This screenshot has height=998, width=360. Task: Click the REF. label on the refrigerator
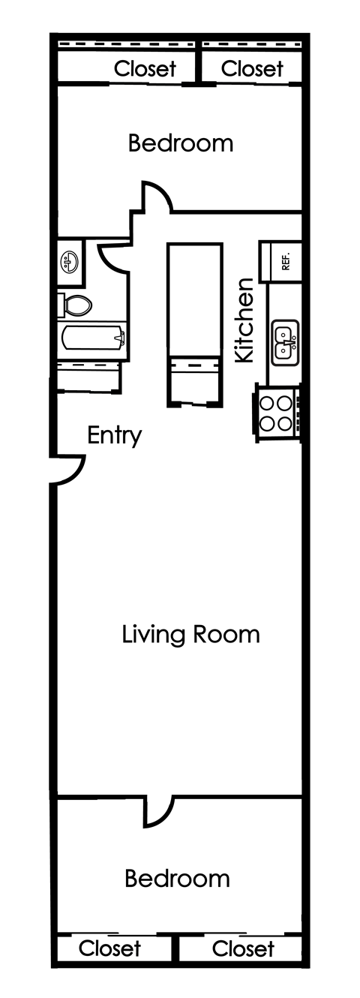[x=286, y=262]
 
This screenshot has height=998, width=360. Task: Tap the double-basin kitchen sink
[x=284, y=342]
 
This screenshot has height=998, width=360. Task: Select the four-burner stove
[x=275, y=412]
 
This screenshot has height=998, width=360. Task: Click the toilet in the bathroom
[x=75, y=305]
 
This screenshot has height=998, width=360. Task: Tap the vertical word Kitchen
[x=245, y=320]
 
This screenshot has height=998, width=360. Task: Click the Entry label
[x=114, y=435]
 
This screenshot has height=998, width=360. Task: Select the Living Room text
[x=190, y=634]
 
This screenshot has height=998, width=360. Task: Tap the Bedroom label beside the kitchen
[x=180, y=143]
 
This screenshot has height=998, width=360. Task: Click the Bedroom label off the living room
[x=177, y=878]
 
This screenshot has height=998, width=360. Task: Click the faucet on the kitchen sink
[x=294, y=341]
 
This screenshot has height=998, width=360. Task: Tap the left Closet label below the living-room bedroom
[x=109, y=948]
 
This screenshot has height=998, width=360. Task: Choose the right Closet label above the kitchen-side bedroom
[x=253, y=69]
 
